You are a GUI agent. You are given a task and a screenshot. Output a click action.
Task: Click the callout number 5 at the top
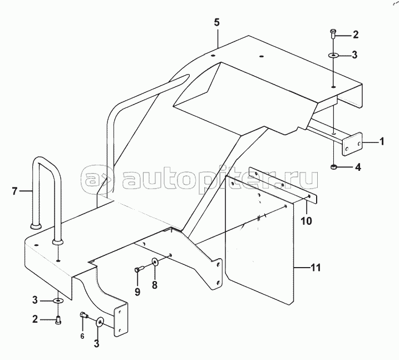tap(216, 22)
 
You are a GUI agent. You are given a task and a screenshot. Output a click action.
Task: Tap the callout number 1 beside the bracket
tap(382, 141)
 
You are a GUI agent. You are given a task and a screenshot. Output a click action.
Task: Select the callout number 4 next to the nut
tap(358, 167)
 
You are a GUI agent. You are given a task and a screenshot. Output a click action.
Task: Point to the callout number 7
tap(14, 191)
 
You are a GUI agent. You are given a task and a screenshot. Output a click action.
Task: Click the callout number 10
tap(306, 221)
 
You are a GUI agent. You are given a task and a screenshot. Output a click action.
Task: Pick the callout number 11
tap(316, 268)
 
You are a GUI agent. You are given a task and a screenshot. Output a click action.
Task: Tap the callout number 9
tap(137, 292)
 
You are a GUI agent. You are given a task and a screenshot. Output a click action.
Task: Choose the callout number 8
tap(155, 285)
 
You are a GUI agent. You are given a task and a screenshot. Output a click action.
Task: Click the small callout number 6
tap(82, 336)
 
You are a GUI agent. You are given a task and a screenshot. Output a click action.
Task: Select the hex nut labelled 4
tap(333, 167)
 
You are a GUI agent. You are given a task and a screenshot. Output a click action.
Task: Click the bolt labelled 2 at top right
tap(333, 34)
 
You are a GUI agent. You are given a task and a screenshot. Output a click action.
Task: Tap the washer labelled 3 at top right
tap(333, 55)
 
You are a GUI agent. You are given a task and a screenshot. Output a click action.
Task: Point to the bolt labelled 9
tap(140, 268)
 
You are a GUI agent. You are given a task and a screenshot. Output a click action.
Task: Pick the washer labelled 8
tap(155, 261)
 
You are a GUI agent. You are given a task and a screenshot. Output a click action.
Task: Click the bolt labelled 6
tap(84, 315)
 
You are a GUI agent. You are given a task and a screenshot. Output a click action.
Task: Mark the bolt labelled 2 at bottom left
tap(58, 319)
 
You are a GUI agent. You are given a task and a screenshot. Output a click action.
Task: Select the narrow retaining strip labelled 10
tap(283, 185)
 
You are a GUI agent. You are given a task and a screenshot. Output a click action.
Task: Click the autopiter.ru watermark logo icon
tap(97, 179)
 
